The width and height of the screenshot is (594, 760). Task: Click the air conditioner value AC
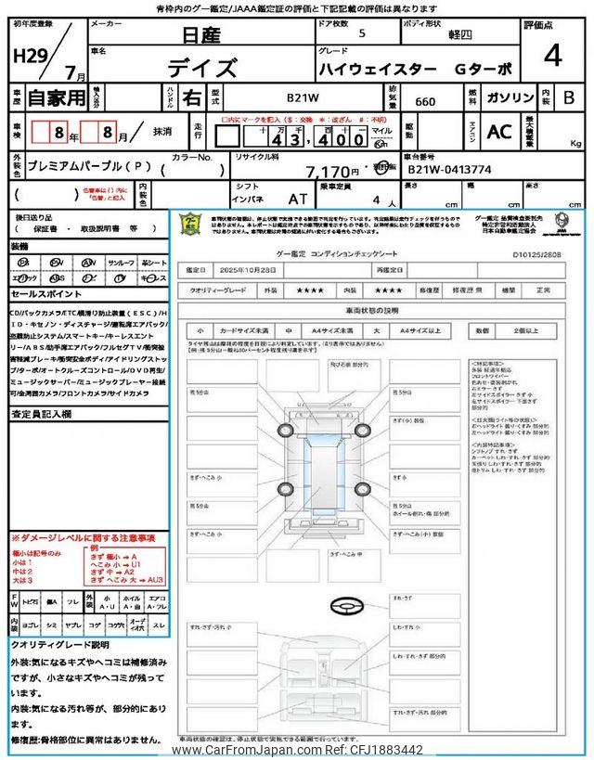[499, 132]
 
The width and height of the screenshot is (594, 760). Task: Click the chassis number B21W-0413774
[449, 171]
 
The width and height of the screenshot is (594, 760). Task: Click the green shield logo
[189, 225]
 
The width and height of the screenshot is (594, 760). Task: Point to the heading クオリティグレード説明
[59, 643]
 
